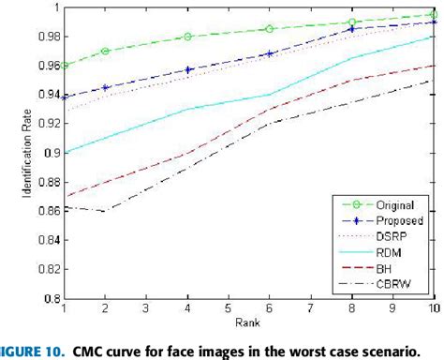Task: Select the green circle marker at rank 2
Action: click(106, 51)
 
